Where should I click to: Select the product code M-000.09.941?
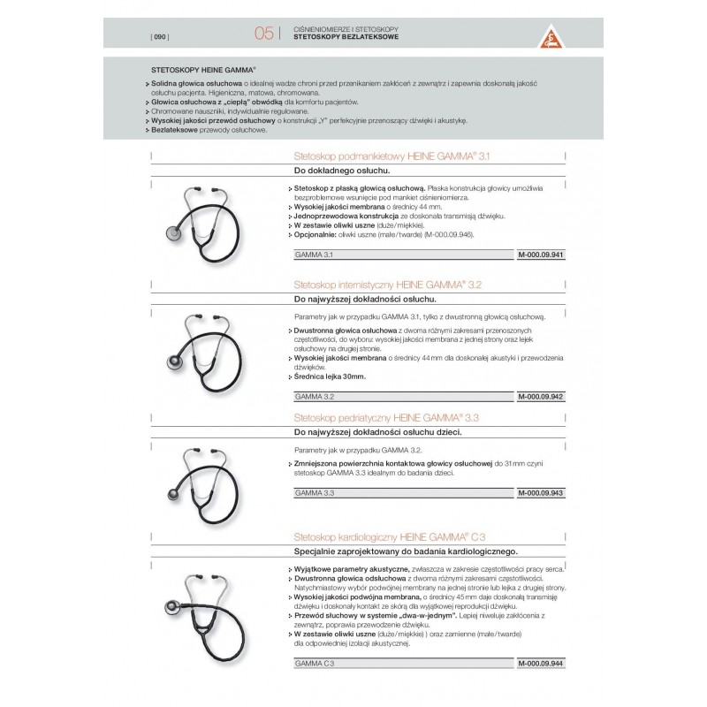541,255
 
